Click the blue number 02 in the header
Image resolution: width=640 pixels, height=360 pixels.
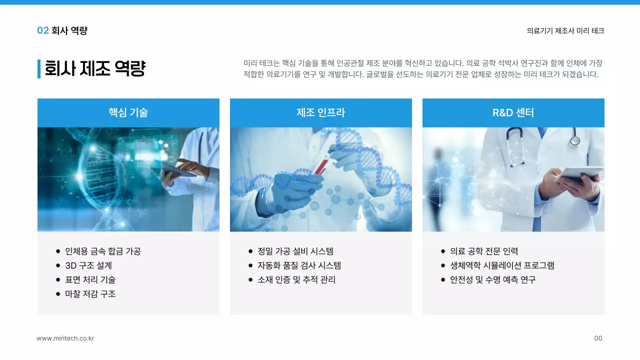(x=43, y=30)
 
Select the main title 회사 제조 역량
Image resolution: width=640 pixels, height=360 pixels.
(x=95, y=68)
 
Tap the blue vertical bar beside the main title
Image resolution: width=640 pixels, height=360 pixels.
(x=39, y=68)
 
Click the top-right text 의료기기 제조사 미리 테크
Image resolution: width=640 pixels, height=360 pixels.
(x=565, y=30)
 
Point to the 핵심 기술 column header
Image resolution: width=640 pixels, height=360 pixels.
(x=128, y=112)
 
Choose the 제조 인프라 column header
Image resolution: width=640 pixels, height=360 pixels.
(x=320, y=112)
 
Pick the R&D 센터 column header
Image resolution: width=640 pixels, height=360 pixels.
(x=513, y=112)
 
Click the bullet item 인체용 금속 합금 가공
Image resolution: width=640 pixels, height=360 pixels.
(x=103, y=251)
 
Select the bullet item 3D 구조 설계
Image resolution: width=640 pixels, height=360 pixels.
(x=88, y=265)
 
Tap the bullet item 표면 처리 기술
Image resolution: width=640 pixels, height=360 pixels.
(x=90, y=279)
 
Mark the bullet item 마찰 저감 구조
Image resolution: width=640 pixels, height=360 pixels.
(x=90, y=293)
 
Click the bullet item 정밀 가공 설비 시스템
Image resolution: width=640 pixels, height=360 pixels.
(x=295, y=251)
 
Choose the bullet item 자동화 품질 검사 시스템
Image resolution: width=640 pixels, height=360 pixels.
(x=299, y=265)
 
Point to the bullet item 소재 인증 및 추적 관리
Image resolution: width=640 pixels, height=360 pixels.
(x=296, y=279)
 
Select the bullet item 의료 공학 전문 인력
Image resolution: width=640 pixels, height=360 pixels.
(x=484, y=251)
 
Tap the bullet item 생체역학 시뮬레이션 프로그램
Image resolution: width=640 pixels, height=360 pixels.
(x=502, y=265)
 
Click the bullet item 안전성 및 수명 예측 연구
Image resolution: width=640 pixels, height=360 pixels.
(x=492, y=279)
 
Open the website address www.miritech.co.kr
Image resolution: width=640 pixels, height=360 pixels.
(x=65, y=338)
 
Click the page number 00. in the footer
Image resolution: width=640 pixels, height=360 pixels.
(x=599, y=338)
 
